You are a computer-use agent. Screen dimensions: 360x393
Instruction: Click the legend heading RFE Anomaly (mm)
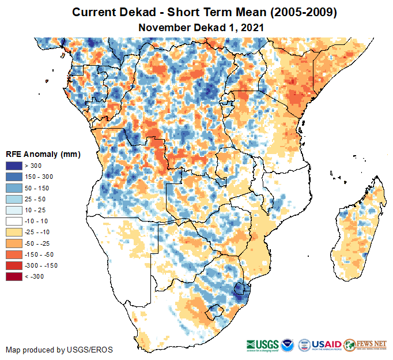tap(43, 154)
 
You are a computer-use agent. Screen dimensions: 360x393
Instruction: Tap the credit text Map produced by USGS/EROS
tap(59, 350)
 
